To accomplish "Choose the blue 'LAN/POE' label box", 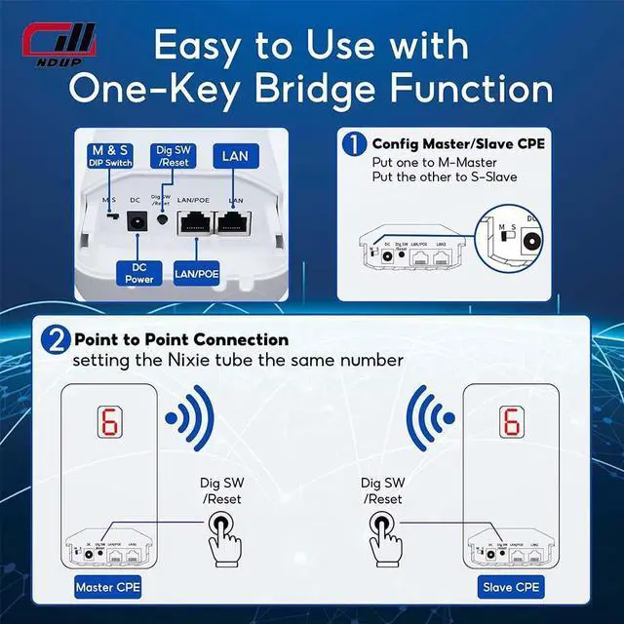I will pyautogui.click(x=196, y=273).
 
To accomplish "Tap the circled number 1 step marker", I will pyautogui.click(x=354, y=145).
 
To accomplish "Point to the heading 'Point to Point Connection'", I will pyautogui.click(x=182, y=339).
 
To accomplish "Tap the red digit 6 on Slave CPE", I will pyautogui.click(x=510, y=421).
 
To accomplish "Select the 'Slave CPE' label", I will pyautogui.click(x=510, y=588).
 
